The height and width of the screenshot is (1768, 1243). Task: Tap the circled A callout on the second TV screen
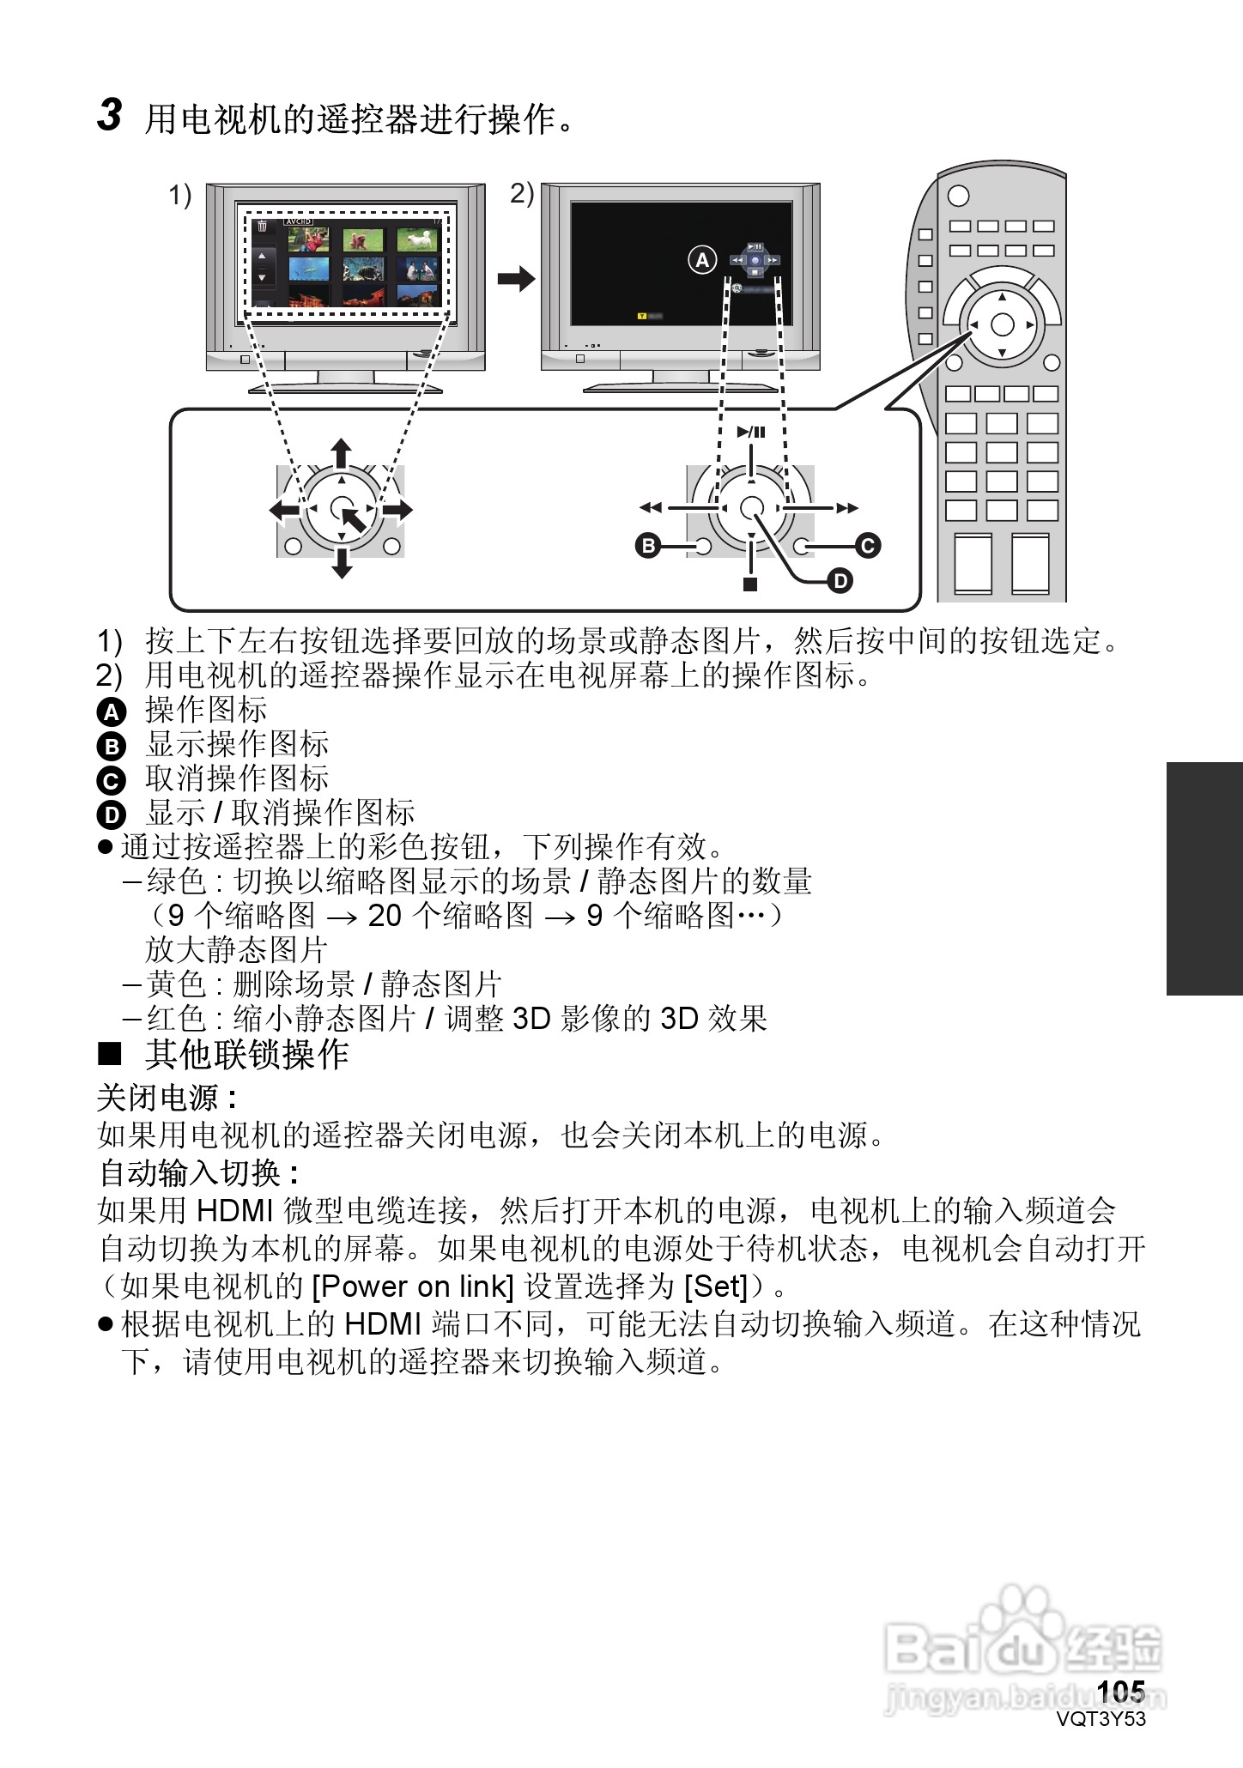click(x=702, y=259)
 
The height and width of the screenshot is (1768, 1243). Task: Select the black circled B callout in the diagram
click(x=647, y=546)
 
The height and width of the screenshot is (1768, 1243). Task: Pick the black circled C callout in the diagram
click(x=868, y=546)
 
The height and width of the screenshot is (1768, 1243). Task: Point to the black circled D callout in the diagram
click(x=840, y=581)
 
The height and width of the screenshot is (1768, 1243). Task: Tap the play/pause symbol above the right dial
click(x=751, y=433)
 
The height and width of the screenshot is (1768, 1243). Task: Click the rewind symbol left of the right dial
click(x=651, y=508)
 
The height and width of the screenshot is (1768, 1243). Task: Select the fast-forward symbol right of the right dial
click(x=848, y=508)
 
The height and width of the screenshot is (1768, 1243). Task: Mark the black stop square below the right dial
click(x=751, y=584)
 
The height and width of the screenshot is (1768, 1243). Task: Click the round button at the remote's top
click(x=958, y=196)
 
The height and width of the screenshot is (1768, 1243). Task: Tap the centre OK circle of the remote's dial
click(x=1002, y=325)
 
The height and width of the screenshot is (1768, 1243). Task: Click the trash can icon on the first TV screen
click(x=262, y=226)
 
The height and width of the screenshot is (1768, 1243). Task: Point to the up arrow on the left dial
click(x=342, y=451)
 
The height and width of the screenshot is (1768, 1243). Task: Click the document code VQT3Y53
click(x=1101, y=1719)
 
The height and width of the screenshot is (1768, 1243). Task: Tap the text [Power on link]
click(x=413, y=1287)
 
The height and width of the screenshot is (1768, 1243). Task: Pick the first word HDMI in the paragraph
click(x=233, y=1211)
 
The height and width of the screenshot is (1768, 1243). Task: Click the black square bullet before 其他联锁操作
click(x=110, y=1052)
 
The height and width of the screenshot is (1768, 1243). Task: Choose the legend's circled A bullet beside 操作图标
click(x=112, y=711)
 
